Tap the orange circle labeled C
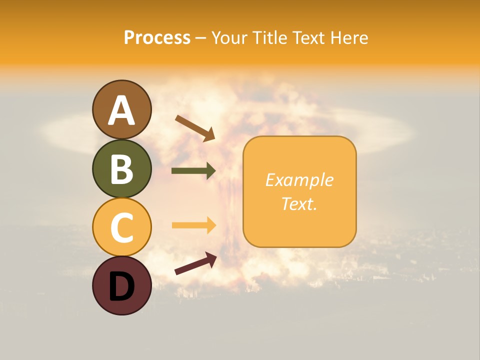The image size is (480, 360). (121, 227)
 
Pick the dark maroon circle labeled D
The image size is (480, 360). (121, 285)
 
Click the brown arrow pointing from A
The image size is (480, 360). (195, 128)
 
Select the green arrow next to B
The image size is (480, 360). (193, 171)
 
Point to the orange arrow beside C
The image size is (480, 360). (193, 225)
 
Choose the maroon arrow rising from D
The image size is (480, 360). (195, 263)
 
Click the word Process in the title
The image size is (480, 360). (157, 38)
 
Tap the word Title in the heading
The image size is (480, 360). (270, 38)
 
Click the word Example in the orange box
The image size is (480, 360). (299, 180)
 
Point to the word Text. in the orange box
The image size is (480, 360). (299, 203)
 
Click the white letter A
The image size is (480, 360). (121, 110)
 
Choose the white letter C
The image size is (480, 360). (121, 227)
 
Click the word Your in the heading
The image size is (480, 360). (230, 38)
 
